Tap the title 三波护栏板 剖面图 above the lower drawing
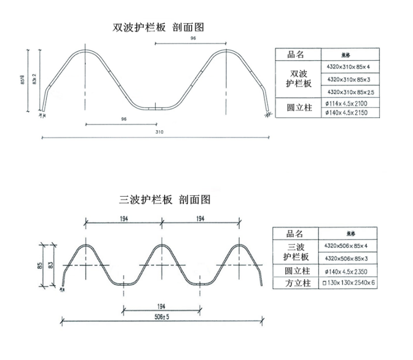[x=164, y=200]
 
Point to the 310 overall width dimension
[x=160, y=132]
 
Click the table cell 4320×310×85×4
[x=349, y=67]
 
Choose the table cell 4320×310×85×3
[x=349, y=80]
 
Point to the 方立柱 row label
[x=296, y=283]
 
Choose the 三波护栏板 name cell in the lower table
[x=296, y=252]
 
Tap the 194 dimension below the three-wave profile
[x=161, y=305]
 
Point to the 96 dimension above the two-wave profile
[x=193, y=38]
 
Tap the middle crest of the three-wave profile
[x=162, y=245]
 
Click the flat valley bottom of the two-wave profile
[x=156, y=108]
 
